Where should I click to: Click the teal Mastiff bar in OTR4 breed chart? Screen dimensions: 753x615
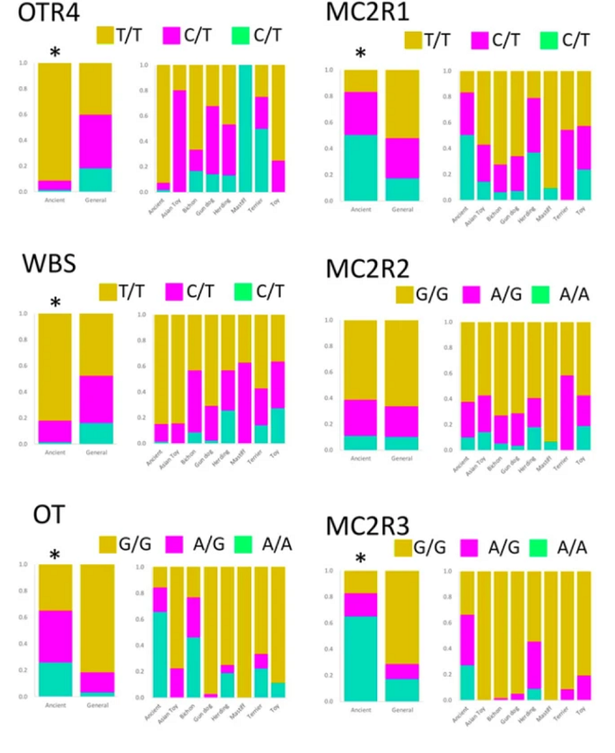pos(245,127)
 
